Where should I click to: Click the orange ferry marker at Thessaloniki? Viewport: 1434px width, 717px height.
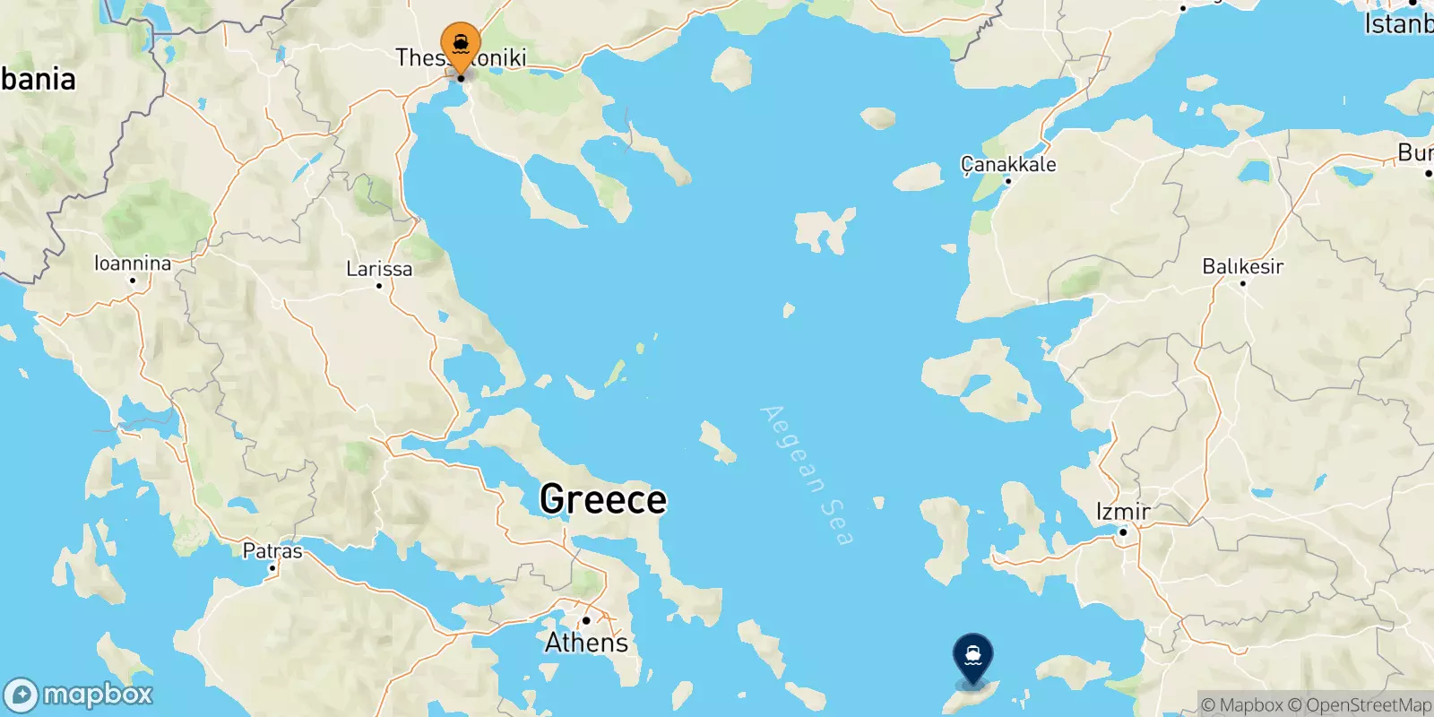461,43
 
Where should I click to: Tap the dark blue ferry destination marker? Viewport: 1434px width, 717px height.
972,656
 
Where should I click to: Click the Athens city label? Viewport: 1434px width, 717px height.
586,643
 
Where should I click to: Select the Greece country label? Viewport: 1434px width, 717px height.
603,499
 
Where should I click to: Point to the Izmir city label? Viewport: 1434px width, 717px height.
1123,512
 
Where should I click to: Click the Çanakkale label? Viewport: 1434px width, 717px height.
1008,164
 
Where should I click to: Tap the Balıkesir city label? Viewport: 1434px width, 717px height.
1242,266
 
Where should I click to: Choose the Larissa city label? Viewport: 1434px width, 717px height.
379,269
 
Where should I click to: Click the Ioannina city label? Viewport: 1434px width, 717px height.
133,263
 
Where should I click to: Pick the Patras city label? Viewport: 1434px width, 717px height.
272,551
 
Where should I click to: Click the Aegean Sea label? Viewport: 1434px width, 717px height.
806,475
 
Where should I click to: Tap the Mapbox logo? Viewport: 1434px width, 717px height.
79,695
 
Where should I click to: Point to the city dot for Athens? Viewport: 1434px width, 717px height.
585,620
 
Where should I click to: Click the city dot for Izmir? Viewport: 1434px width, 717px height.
1123,532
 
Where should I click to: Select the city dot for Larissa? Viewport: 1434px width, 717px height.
379,286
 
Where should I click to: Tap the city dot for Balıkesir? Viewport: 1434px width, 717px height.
1242,283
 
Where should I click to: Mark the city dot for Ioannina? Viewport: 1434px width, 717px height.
133,281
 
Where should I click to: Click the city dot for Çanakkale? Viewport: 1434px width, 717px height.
1007,181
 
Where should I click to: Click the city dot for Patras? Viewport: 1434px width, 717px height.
272,568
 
